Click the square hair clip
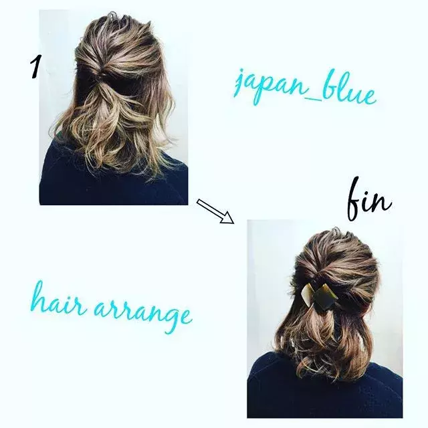point(318,294)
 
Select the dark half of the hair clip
point(325,297)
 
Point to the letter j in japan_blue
point(239,86)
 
